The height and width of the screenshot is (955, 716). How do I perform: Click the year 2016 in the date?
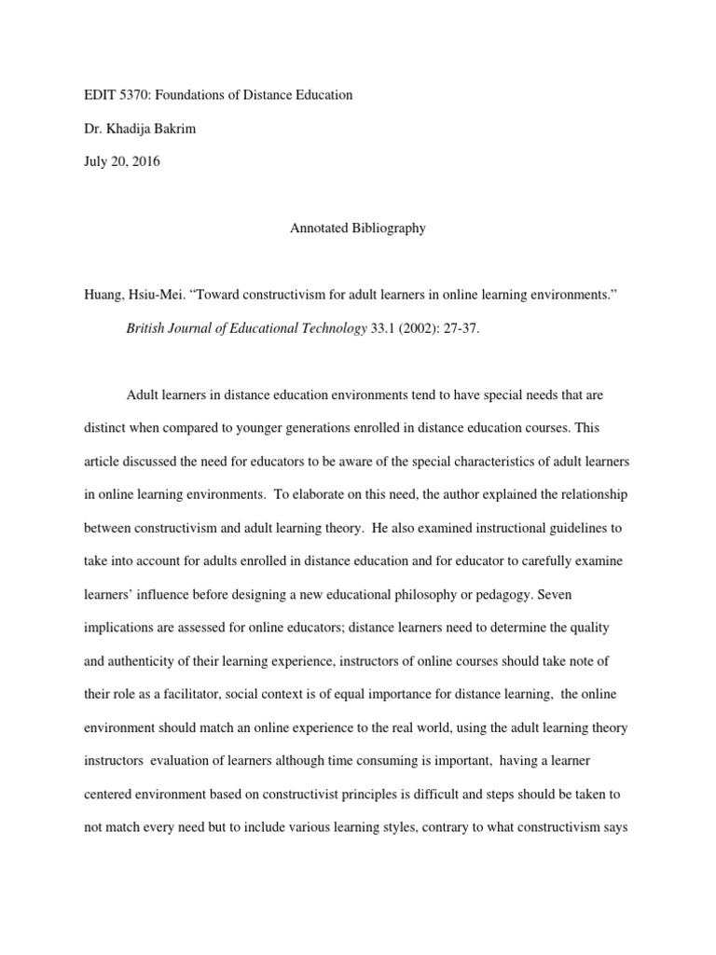[x=145, y=161]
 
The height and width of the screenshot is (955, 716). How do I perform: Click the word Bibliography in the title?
[x=387, y=228]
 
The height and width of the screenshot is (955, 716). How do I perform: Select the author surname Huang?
[x=104, y=296]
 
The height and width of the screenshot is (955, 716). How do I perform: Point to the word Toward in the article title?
[x=216, y=296]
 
